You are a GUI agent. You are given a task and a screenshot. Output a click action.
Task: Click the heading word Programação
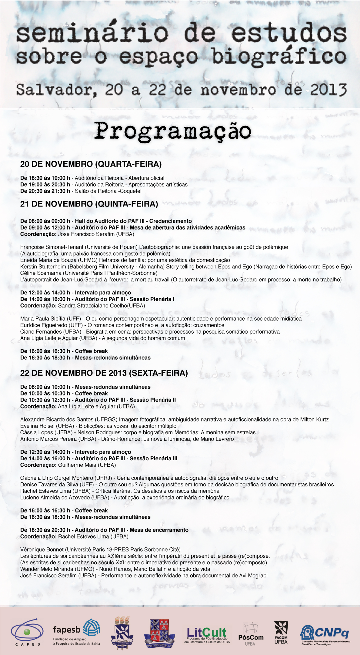coord(173,131)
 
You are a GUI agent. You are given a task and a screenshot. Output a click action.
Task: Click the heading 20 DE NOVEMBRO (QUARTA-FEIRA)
coord(91,164)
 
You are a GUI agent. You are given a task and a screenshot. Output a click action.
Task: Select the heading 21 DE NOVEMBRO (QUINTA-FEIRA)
coord(89,204)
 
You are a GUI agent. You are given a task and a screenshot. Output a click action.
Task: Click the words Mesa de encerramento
coord(159,530)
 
